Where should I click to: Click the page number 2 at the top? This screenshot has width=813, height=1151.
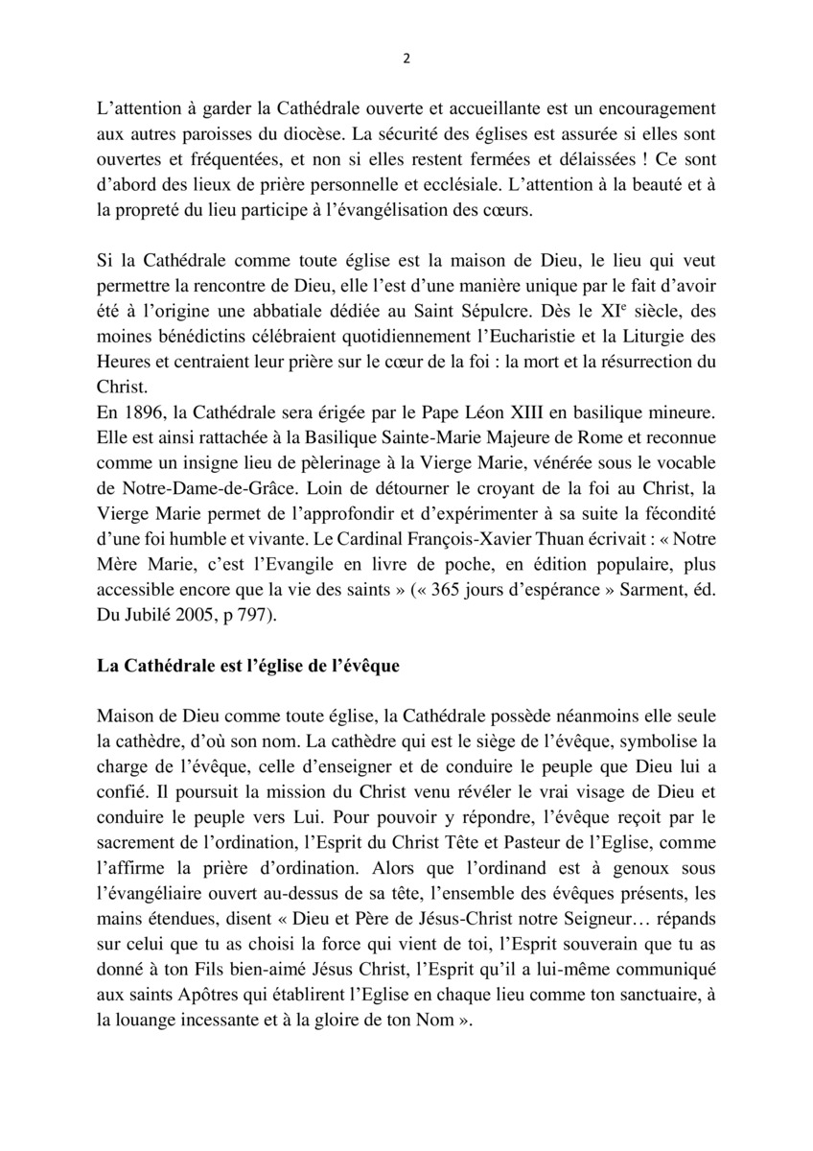tap(406, 58)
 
